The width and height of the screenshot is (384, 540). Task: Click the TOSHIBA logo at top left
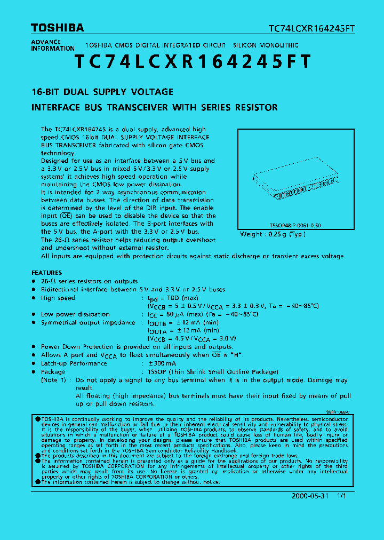(x=57, y=28)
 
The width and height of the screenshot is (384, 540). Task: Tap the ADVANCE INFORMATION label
(x=52, y=45)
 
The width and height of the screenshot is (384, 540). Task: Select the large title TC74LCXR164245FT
(x=192, y=62)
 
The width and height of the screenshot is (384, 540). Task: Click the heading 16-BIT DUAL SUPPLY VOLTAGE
(x=102, y=92)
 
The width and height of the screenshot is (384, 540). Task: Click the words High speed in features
(x=58, y=298)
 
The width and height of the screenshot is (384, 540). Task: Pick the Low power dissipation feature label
(x=75, y=314)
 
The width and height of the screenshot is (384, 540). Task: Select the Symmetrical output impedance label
(x=88, y=323)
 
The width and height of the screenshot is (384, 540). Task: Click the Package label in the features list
(x=53, y=372)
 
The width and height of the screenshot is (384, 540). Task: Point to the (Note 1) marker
(x=55, y=380)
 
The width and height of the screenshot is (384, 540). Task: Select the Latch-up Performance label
(x=74, y=363)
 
